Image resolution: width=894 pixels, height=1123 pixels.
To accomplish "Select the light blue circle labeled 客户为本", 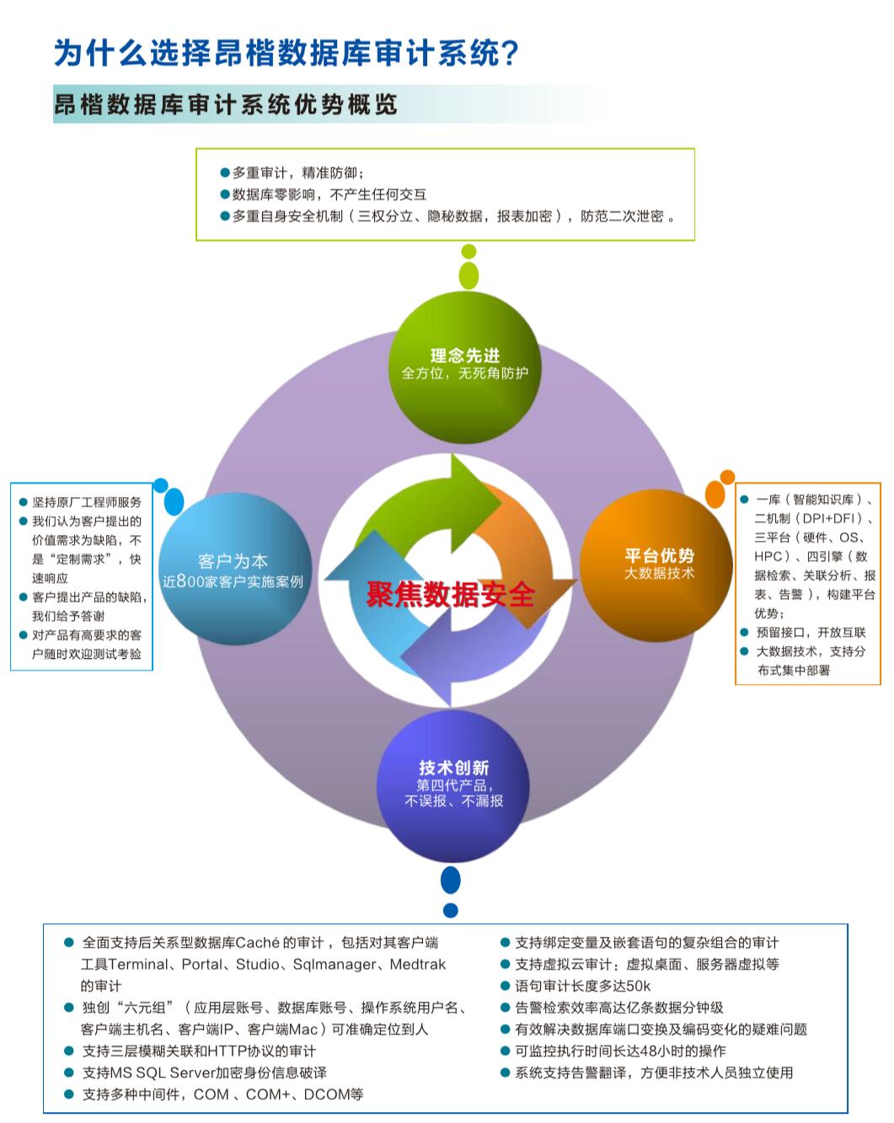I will coord(233,570).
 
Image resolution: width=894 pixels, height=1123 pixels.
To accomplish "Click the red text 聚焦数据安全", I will coord(450,595).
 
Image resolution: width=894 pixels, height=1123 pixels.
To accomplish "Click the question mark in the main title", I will coord(508,54).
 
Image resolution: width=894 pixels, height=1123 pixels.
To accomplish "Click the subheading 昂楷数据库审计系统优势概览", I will coord(225,105).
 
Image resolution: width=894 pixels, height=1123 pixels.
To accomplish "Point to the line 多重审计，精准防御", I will coord(297,173).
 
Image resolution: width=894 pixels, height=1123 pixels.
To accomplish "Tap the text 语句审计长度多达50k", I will coord(582,986).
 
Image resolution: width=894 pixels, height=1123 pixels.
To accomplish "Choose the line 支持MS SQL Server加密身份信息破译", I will coord(204,1072).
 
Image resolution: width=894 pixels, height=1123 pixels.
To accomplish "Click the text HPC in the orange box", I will coord(768,557).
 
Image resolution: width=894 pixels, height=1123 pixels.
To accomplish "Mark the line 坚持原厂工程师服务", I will coord(87,502).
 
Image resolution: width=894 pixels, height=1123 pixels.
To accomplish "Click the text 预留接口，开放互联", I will coord(811,633).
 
